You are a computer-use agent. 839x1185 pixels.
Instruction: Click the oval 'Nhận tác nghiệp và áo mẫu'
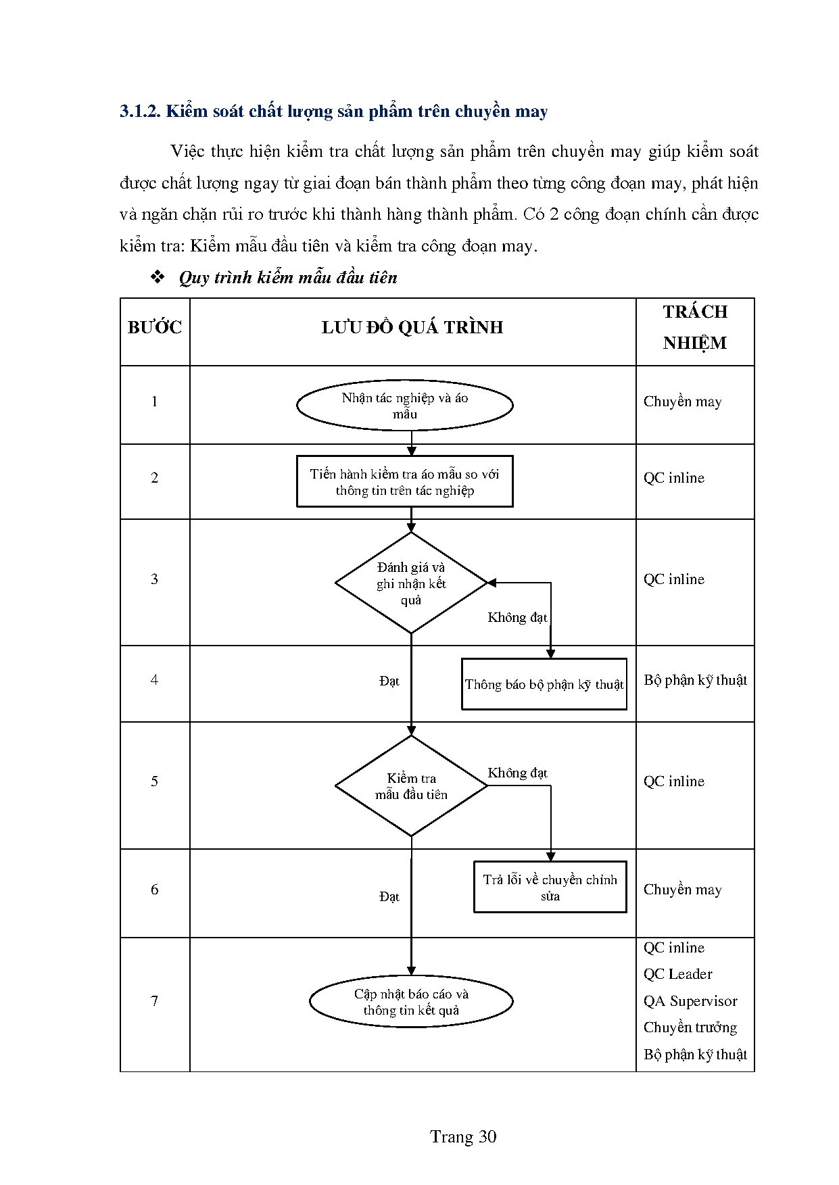(x=404, y=406)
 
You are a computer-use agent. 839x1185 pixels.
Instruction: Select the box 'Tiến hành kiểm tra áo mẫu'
(x=404, y=482)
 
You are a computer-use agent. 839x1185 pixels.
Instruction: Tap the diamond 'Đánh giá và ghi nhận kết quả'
(x=411, y=583)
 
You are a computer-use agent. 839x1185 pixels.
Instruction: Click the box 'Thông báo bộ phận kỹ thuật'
(x=544, y=684)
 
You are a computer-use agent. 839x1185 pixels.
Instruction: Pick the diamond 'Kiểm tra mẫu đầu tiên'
(x=411, y=786)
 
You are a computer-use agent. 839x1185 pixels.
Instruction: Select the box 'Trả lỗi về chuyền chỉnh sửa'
(x=550, y=888)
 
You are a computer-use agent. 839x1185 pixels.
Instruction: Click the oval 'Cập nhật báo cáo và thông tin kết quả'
(x=410, y=1002)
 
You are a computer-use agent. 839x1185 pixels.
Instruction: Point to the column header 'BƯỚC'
(x=155, y=328)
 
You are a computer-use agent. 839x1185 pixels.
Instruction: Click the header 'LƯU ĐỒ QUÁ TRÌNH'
(x=412, y=328)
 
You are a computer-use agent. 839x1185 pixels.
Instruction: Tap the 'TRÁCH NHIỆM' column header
(x=694, y=327)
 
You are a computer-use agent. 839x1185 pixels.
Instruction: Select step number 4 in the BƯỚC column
(x=154, y=679)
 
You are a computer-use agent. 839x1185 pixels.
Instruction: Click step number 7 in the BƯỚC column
(x=154, y=1000)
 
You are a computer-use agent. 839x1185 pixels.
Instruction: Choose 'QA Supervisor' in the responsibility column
(x=690, y=1001)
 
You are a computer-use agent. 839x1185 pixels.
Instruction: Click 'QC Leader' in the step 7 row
(x=677, y=974)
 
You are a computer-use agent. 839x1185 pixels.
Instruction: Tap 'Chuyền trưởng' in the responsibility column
(x=690, y=1027)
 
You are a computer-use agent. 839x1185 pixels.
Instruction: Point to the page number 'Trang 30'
(x=463, y=1137)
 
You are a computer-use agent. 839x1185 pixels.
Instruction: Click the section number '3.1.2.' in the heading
(x=140, y=112)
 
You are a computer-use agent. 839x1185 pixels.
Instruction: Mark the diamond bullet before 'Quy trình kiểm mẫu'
(x=158, y=278)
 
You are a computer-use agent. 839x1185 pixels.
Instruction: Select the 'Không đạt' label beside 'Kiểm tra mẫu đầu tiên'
(x=517, y=773)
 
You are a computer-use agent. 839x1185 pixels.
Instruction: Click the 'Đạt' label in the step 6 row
(x=389, y=896)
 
